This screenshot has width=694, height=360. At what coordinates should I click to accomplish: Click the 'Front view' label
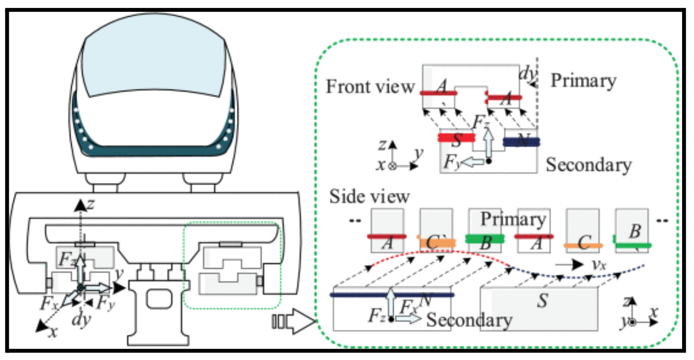point(370,86)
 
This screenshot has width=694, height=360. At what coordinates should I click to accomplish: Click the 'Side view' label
point(369,196)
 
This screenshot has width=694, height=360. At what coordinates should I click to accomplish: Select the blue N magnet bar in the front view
point(521,142)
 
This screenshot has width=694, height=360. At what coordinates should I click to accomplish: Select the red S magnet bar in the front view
point(456,138)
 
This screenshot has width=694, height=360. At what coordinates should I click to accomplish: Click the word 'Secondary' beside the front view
point(589,165)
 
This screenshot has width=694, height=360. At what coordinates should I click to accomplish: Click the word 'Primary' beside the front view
point(583,81)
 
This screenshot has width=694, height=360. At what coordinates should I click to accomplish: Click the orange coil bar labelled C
point(583,246)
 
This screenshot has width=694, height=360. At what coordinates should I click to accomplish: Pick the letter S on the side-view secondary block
point(542,301)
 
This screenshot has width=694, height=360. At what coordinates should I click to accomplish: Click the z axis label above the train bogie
point(91,204)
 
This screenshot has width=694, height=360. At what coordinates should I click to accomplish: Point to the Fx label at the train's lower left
point(49,303)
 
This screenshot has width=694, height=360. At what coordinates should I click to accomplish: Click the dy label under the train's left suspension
point(82,319)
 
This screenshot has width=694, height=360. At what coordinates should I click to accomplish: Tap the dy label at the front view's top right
point(527,73)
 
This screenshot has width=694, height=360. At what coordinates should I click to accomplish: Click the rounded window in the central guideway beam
point(159,299)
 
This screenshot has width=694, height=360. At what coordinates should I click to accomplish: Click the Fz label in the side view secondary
point(377,315)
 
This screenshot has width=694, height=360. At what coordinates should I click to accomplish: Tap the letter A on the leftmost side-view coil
point(387,243)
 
